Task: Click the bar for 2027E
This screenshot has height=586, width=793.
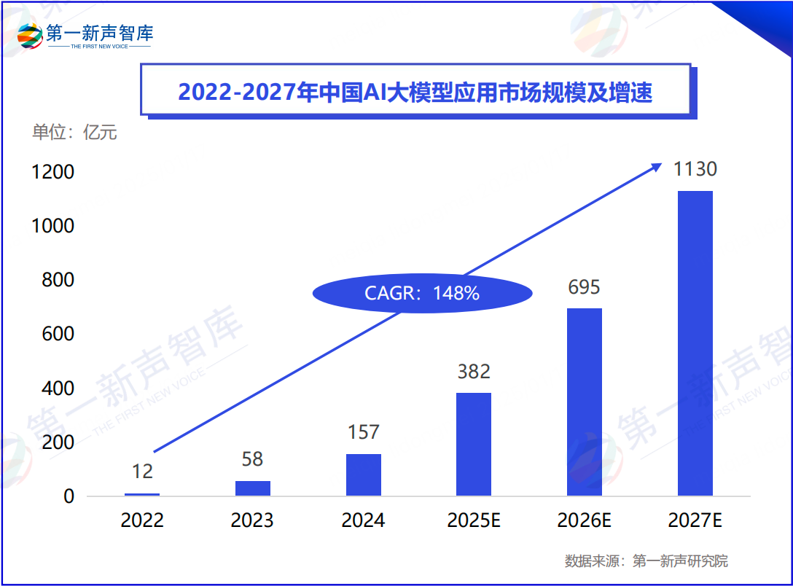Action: [x=695, y=343]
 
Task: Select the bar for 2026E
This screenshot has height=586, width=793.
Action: [x=585, y=402]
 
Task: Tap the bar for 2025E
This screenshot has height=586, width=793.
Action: [x=474, y=444]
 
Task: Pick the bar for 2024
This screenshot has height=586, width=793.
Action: [x=363, y=474]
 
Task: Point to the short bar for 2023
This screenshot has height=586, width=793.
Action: [x=253, y=488]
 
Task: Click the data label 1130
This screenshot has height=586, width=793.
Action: [x=695, y=169]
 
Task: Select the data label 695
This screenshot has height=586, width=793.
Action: [x=585, y=287]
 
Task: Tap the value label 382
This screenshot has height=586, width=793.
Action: [x=474, y=372]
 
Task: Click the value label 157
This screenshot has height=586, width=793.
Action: [x=363, y=432]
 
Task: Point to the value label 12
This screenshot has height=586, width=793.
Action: [x=142, y=472]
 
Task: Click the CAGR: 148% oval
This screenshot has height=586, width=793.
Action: [x=422, y=294]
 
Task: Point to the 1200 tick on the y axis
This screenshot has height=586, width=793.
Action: [x=53, y=172]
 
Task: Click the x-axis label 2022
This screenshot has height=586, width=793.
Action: [x=142, y=520]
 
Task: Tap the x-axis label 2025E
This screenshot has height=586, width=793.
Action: [x=474, y=520]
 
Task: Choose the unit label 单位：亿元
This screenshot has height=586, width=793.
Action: [x=74, y=133]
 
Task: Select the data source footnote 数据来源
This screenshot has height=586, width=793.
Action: [x=646, y=561]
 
